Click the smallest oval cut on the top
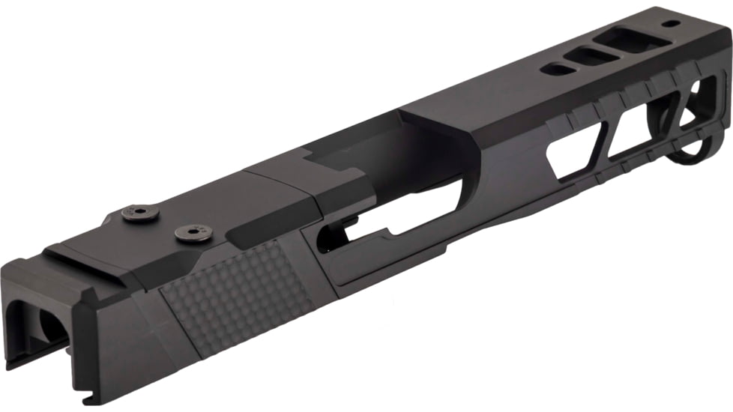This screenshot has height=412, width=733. (x=555, y=70)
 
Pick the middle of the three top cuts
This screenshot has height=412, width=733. (x=591, y=55)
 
